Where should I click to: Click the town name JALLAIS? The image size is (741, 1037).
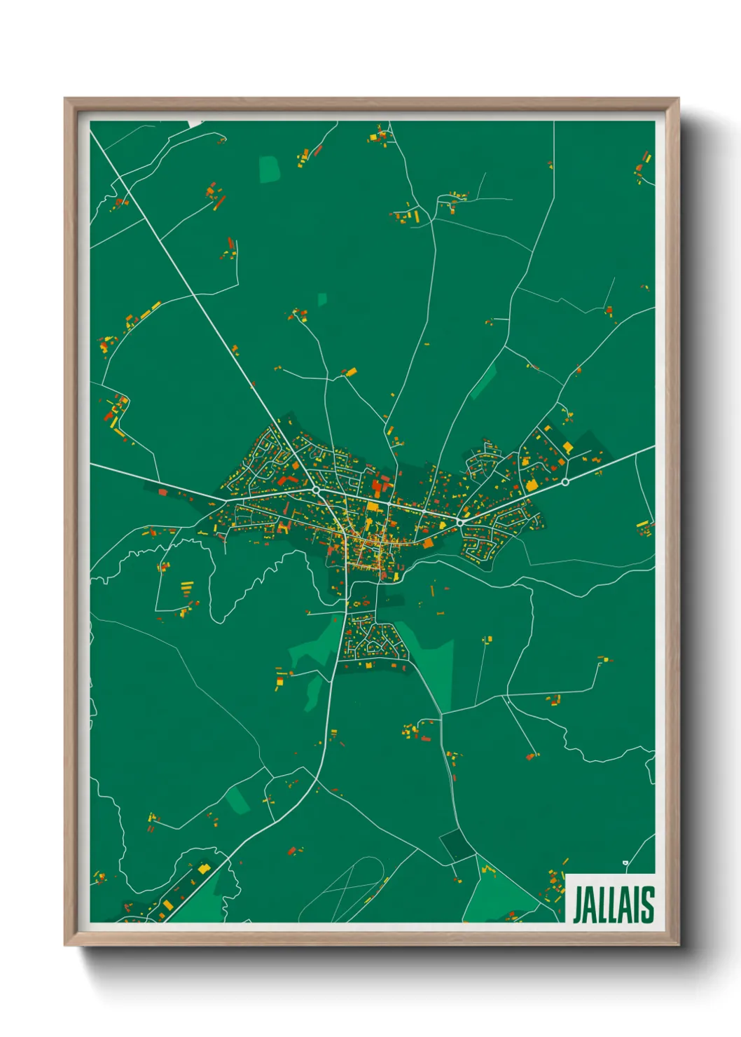point(614,905)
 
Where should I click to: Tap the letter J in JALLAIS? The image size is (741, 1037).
point(579,905)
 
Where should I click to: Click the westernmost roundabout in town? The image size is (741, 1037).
point(316,490)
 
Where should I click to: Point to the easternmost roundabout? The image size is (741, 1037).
point(565,482)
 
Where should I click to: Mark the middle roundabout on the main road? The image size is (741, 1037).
point(460,522)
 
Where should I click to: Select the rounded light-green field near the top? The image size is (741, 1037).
point(270,170)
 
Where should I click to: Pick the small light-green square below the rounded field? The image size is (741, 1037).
point(322,300)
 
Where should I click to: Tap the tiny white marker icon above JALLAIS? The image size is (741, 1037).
point(625,863)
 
